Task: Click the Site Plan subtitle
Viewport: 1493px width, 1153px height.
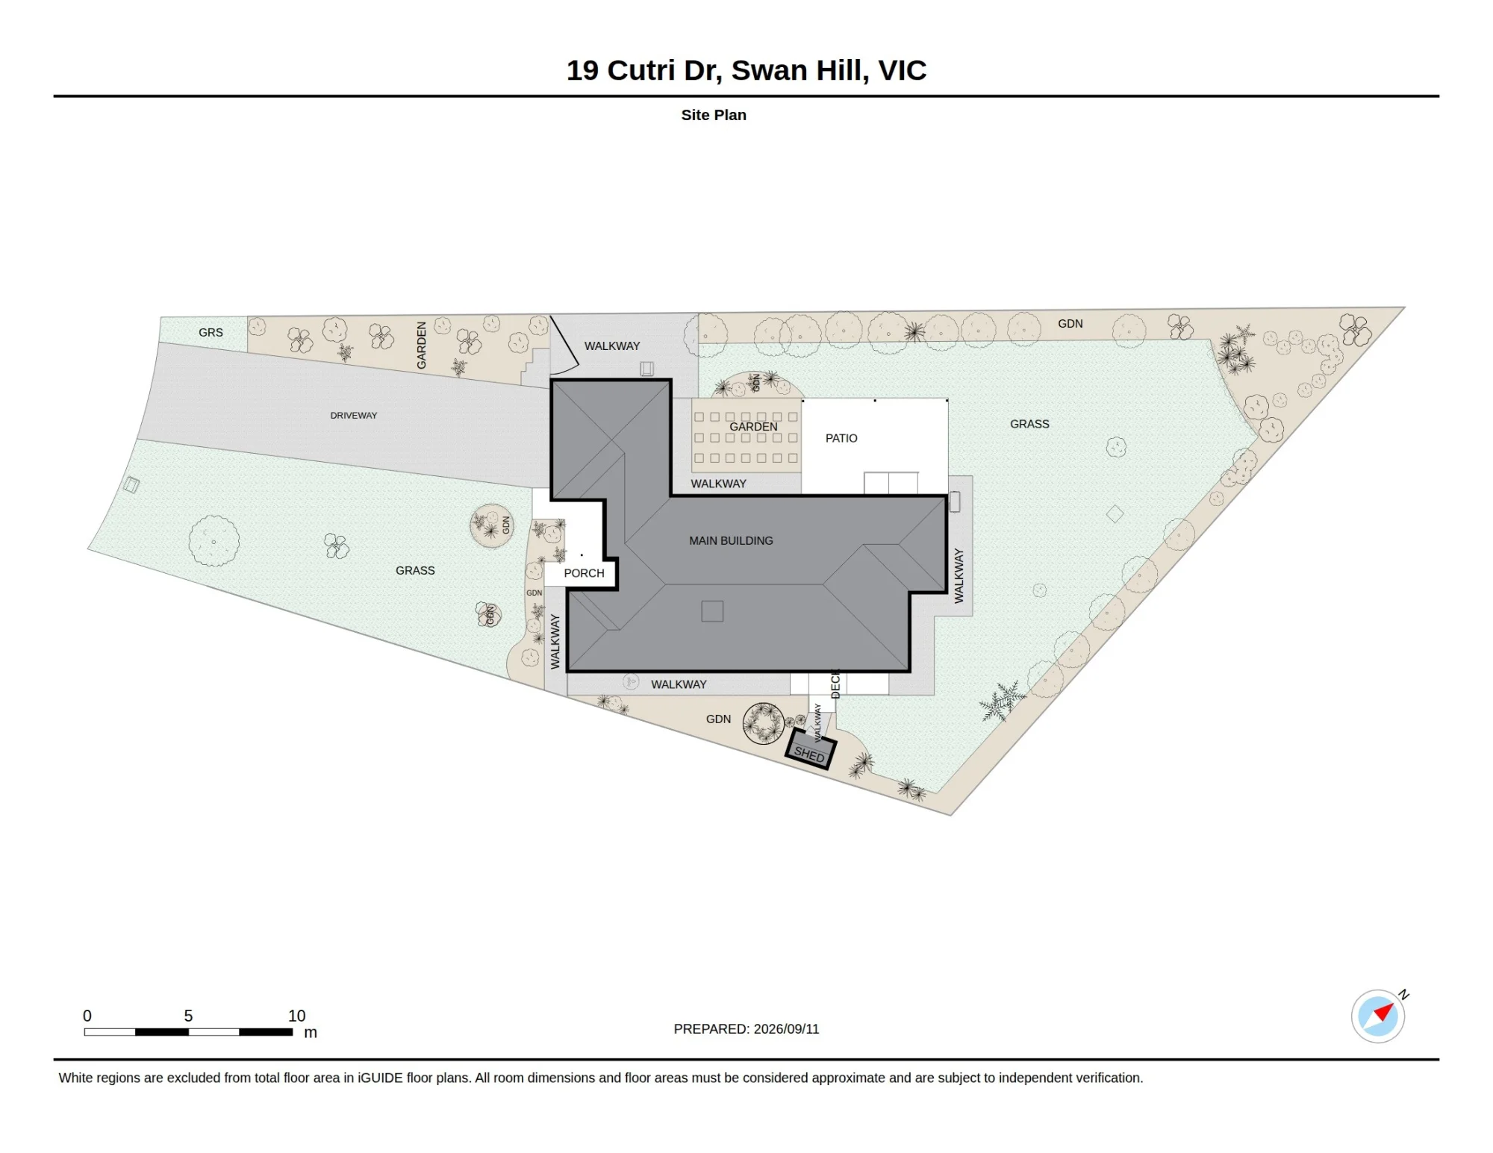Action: (714, 115)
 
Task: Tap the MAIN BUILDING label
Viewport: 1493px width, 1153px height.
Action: (731, 540)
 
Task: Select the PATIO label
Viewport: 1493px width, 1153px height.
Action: (841, 438)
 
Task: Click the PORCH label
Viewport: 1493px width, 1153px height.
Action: (584, 573)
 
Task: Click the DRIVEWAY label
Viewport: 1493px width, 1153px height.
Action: (354, 416)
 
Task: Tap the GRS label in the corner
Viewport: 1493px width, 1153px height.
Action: (211, 332)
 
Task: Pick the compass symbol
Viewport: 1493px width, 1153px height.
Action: (1378, 1015)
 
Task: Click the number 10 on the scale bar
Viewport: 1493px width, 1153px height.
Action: (297, 1016)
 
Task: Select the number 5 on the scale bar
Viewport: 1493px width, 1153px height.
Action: (188, 1016)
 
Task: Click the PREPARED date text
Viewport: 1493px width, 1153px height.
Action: (746, 1028)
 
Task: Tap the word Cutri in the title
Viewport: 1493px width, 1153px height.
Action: (641, 70)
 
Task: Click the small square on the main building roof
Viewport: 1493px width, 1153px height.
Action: (712, 611)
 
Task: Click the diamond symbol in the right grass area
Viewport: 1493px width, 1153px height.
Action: (1115, 513)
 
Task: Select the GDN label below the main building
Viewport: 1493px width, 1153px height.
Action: (718, 719)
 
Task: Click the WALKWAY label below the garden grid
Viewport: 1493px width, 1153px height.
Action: (718, 484)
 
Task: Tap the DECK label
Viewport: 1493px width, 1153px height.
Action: (835, 684)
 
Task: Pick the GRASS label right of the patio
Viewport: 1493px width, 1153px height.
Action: (1029, 424)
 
